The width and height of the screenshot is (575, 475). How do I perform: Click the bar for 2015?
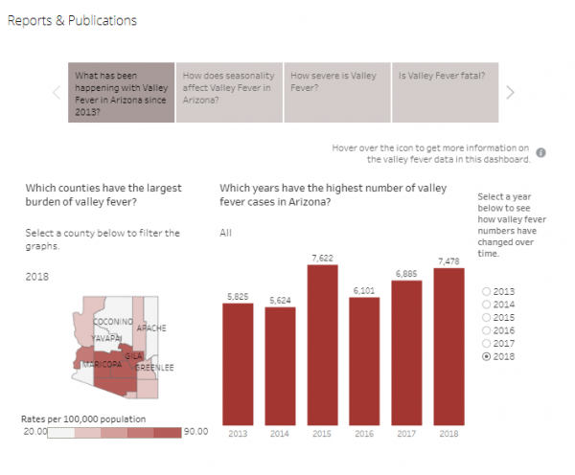click(322, 344)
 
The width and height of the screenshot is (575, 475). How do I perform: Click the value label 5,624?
click(280, 301)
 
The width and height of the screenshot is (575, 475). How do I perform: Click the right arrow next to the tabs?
click(511, 92)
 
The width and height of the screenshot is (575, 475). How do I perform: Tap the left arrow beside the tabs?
click(56, 92)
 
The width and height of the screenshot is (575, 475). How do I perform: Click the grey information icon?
click(540, 152)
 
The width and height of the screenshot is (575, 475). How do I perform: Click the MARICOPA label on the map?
click(103, 365)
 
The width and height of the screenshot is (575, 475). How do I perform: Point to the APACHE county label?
click(151, 328)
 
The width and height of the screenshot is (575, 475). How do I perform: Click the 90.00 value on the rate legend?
click(195, 432)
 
